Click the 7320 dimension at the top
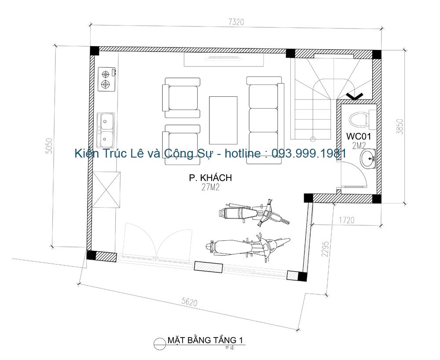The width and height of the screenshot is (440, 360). [x=235, y=22]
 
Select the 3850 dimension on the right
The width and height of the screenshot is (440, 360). [x=399, y=126]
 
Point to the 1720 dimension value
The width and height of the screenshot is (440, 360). [x=346, y=220]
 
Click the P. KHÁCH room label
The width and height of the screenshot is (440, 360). [x=210, y=178]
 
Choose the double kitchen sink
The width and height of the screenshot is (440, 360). [x=106, y=130]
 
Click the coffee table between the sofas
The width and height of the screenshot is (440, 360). [x=223, y=120]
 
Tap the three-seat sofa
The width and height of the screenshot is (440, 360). [x=264, y=120]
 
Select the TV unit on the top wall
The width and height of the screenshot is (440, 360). [x=224, y=59]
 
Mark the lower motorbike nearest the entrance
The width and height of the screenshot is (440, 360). [x=247, y=246]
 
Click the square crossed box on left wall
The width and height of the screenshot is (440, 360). [x=106, y=190]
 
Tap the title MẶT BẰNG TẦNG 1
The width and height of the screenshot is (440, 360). [x=205, y=340]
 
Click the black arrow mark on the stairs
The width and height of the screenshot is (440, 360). [x=355, y=95]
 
